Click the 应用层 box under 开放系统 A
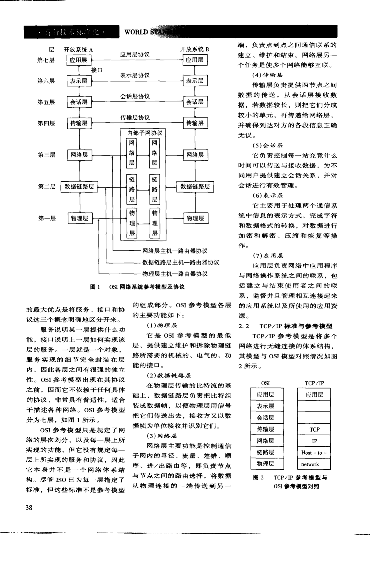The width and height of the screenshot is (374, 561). point(78,60)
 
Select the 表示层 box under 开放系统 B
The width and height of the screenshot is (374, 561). point(195,81)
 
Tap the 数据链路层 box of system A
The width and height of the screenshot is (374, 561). point(79,187)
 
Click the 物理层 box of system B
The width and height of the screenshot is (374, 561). point(195,218)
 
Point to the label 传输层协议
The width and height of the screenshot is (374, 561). point(135,118)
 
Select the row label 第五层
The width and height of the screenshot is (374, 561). point(46,102)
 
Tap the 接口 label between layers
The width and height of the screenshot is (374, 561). point(96,70)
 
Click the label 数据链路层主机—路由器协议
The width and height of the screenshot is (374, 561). point(180,262)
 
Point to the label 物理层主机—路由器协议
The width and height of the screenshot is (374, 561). point(175,274)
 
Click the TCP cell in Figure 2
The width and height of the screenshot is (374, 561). point(314,429)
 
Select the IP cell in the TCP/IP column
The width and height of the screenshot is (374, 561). point(314,441)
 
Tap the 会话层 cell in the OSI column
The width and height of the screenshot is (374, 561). point(265,418)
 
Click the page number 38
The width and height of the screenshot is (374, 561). point(29,507)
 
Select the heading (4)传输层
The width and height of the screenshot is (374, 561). point(267,75)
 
